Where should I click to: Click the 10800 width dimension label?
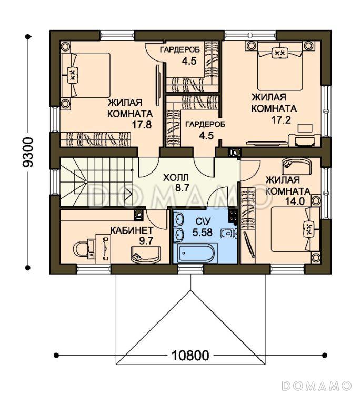(190, 355)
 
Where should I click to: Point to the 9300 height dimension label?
(28, 153)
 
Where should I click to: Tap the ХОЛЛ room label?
(176, 178)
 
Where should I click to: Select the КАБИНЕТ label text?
(132, 230)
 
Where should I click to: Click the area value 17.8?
(142, 124)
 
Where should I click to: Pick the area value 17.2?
(281, 120)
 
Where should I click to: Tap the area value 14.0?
(295, 201)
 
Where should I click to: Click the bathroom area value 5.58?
(203, 232)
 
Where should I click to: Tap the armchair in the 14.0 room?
(296, 166)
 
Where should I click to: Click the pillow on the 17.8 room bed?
(73, 75)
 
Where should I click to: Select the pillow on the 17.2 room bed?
(280, 53)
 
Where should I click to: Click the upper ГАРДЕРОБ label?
(180, 49)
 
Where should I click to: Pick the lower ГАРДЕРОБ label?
(205, 124)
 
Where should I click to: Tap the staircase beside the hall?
(96, 182)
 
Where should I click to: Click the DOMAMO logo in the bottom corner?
(316, 386)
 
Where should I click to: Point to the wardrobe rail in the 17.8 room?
(96, 139)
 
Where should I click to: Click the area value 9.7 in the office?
(146, 241)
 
